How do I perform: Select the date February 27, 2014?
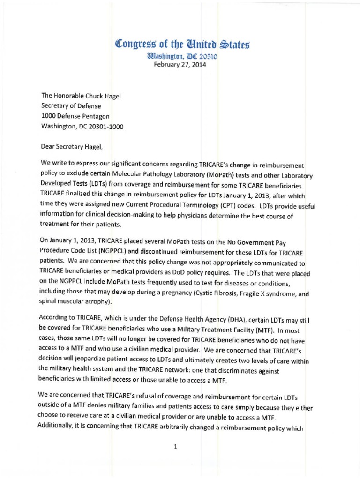180,65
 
